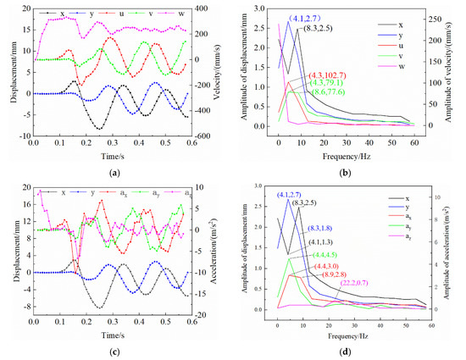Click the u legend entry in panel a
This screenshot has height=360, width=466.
(x=117, y=15)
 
